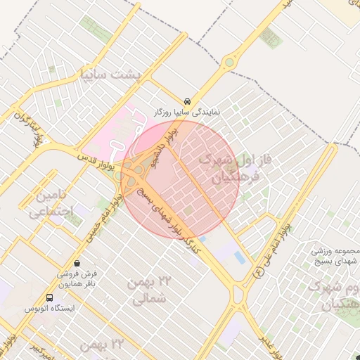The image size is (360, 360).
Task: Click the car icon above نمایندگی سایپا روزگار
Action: tap(187, 101)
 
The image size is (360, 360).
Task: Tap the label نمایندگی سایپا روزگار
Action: tap(187, 112)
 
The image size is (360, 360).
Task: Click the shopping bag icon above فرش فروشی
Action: tap(86, 262)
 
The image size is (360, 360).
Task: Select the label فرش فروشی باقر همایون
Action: tap(85, 278)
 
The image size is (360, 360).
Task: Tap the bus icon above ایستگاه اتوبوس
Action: tap(49, 297)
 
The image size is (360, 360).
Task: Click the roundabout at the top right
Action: tap(229, 64)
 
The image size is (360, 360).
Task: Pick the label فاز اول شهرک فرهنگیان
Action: tap(229, 167)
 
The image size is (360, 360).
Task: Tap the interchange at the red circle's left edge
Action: tap(134, 170)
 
